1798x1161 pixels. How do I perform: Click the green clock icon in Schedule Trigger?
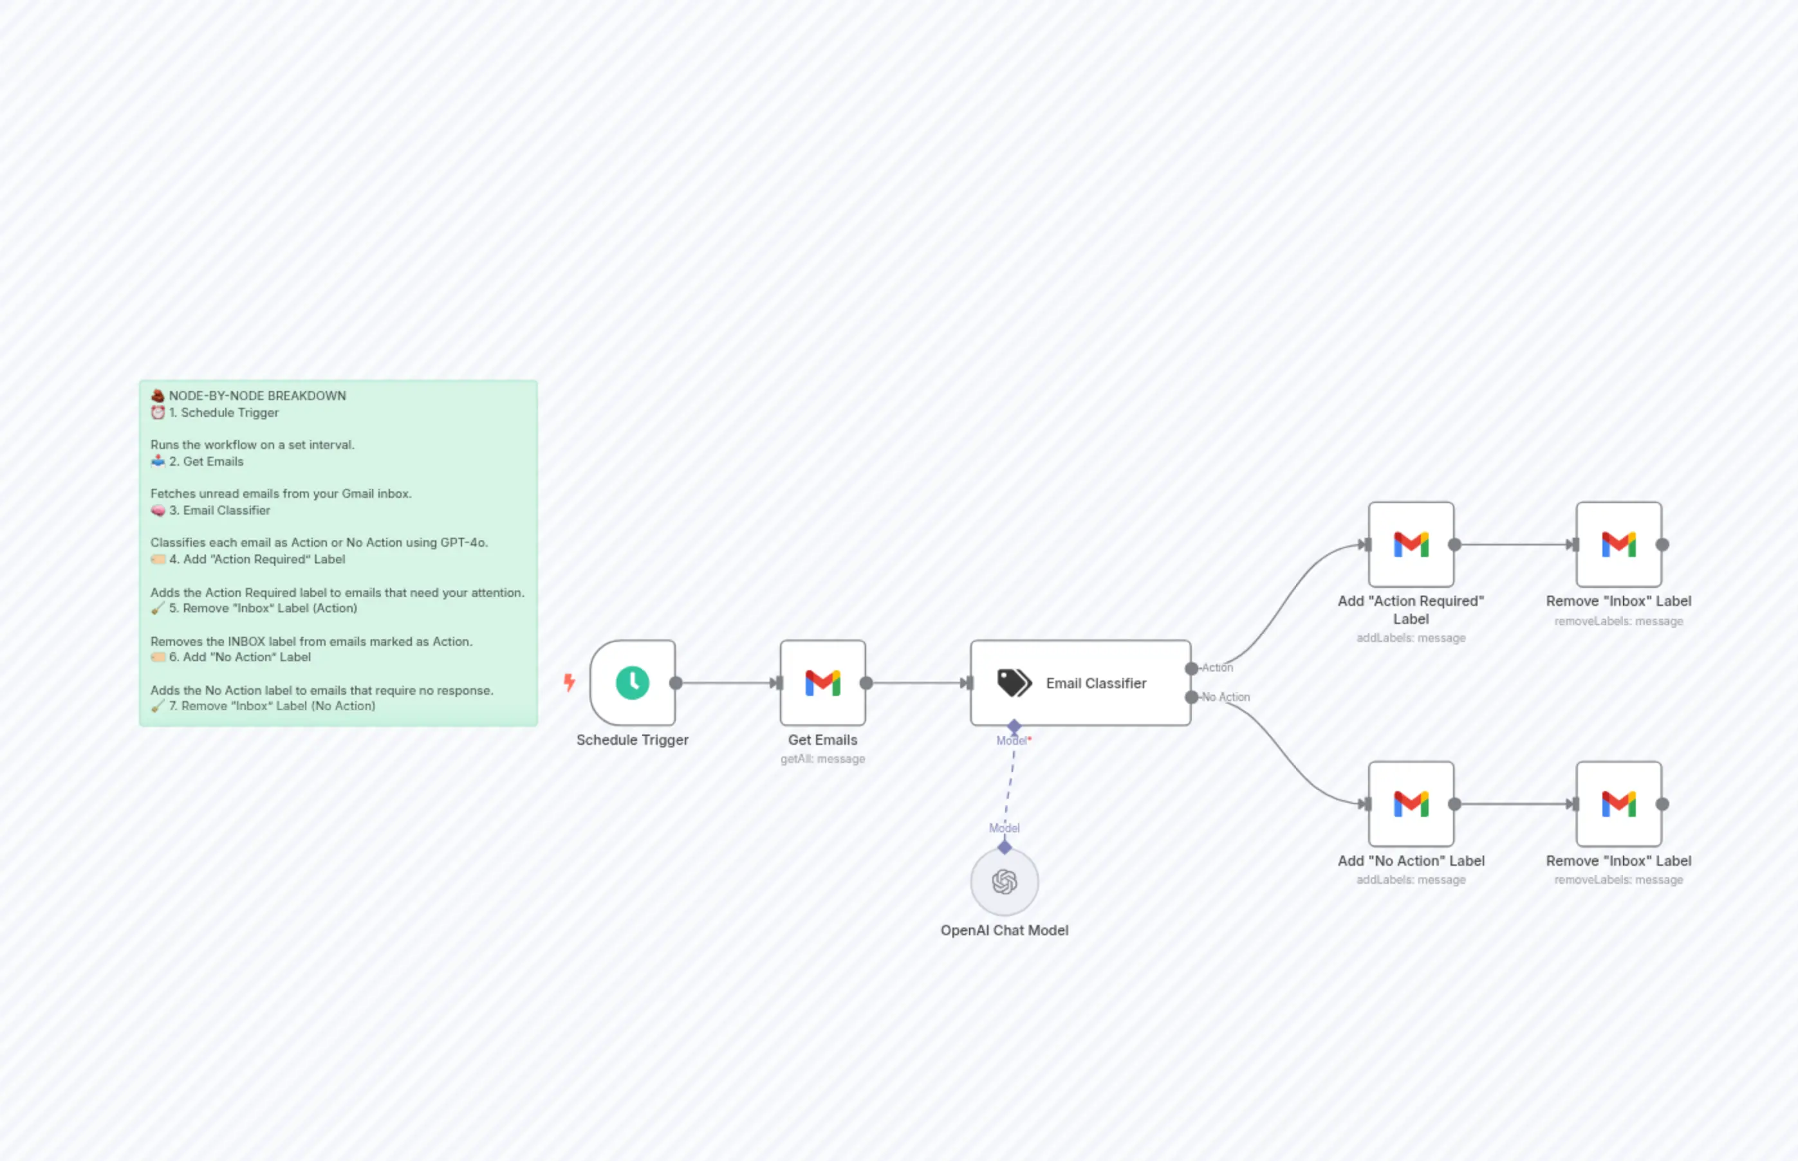tap(632, 683)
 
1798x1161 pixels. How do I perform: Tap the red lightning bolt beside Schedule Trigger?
tap(570, 682)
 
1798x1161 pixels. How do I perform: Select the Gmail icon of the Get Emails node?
tap(822, 683)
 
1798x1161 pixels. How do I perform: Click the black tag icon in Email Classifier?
tap(1014, 683)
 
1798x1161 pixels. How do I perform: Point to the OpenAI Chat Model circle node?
tap(1004, 881)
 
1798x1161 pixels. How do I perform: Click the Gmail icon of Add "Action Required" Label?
tap(1411, 544)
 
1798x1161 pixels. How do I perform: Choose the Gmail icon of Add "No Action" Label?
tap(1411, 803)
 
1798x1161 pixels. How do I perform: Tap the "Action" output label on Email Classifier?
tap(1218, 668)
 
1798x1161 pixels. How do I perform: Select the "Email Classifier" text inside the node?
tap(1095, 683)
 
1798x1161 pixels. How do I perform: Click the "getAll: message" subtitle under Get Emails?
tap(822, 759)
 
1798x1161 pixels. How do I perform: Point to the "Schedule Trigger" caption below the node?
tap(632, 740)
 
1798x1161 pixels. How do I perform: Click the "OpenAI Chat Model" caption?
tap(1004, 930)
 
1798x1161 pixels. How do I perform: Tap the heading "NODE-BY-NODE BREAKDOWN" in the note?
tap(257, 396)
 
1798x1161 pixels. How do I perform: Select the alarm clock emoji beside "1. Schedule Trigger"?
tap(158, 412)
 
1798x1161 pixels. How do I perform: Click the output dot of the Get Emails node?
tap(866, 683)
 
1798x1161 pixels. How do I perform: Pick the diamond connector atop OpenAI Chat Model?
tap(1004, 847)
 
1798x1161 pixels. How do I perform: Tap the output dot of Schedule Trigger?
tap(676, 683)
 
